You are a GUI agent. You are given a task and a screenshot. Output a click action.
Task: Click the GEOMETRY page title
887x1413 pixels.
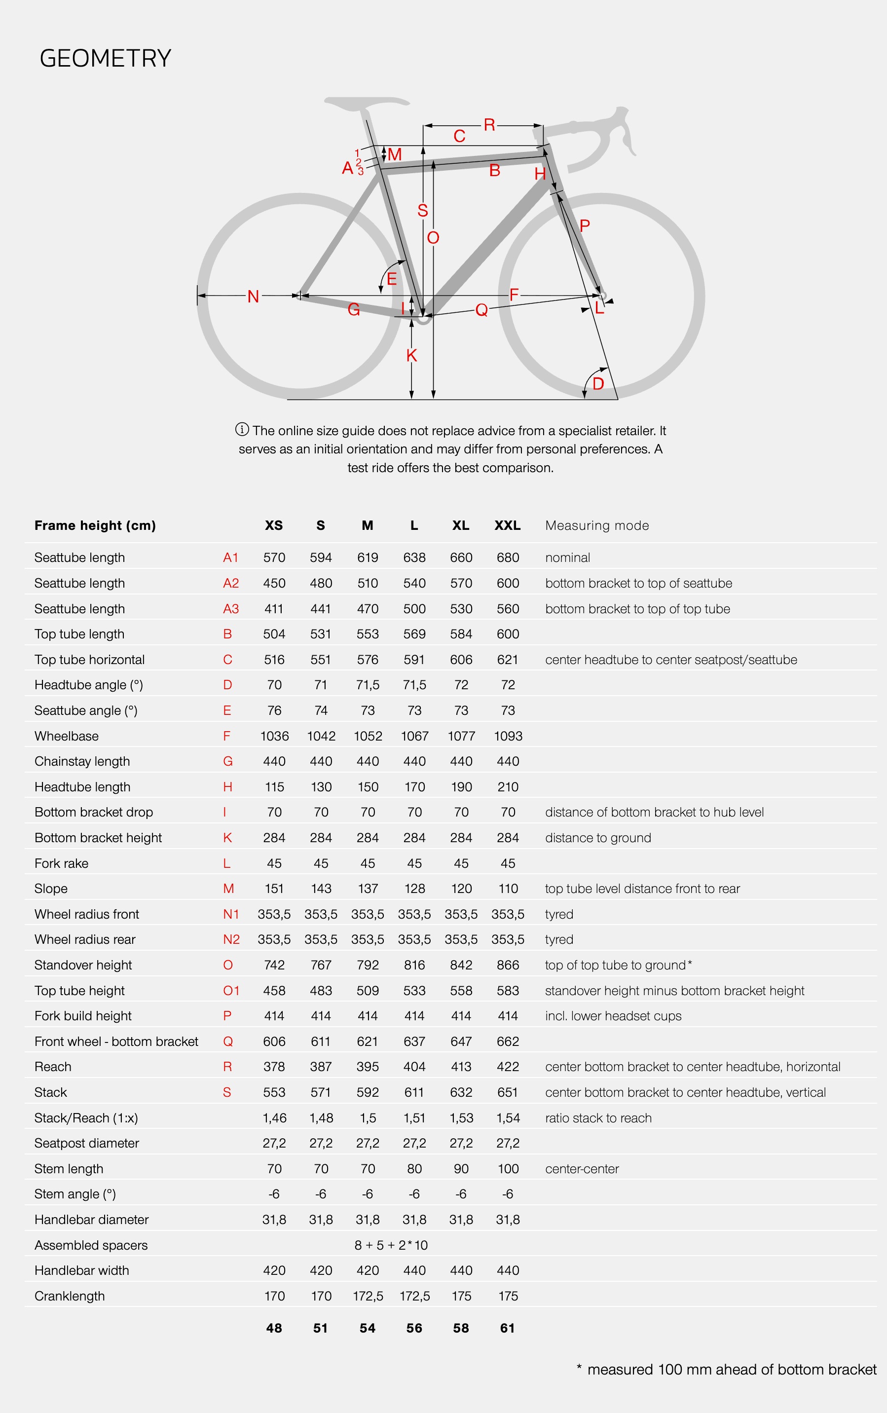click(x=105, y=59)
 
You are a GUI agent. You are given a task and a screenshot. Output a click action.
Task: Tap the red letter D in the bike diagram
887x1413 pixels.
click(x=598, y=384)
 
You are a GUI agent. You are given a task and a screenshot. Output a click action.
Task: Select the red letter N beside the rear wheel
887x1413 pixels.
click(x=253, y=296)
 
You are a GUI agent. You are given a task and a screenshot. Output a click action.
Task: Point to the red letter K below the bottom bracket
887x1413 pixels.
click(x=411, y=355)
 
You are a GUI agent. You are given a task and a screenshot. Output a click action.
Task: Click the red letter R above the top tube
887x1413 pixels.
click(x=489, y=124)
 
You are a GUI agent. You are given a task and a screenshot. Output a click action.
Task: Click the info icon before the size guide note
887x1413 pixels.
click(x=242, y=429)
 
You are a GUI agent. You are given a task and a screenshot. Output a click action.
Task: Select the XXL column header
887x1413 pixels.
click(x=508, y=525)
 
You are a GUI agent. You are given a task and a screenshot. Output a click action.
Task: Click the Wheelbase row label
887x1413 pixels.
click(x=66, y=736)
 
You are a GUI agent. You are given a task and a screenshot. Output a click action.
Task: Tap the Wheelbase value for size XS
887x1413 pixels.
click(x=274, y=736)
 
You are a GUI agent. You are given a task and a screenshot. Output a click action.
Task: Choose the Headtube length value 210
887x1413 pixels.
click(x=508, y=787)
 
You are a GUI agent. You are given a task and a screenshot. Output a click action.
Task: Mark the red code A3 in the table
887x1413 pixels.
click(x=230, y=609)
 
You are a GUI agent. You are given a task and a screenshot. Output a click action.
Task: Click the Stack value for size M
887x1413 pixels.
click(x=367, y=1092)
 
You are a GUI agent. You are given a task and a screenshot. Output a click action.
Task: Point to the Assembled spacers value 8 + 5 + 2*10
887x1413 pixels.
click(x=391, y=1245)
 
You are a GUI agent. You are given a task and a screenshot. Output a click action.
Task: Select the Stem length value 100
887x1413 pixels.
click(x=508, y=1169)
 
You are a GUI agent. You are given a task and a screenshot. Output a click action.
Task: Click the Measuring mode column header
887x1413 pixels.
click(x=596, y=525)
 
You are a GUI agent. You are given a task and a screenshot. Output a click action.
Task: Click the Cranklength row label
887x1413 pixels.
click(x=69, y=1296)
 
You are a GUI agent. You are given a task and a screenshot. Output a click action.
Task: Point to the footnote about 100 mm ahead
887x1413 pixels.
click(x=726, y=1370)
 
